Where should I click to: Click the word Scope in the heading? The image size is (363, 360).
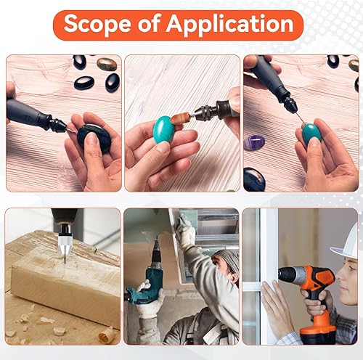[97, 24]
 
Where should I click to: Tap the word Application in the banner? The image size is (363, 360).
[229, 24]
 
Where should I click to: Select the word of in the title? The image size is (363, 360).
[149, 23]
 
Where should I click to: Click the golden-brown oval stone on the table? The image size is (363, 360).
[107, 64]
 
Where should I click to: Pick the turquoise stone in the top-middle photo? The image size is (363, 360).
[163, 129]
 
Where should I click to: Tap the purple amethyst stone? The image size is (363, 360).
[254, 142]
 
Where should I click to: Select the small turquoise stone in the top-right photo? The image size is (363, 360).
[312, 133]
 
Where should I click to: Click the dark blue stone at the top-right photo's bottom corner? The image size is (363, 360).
[254, 179]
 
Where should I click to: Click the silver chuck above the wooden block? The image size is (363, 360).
[65, 245]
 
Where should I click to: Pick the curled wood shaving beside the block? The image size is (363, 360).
[106, 335]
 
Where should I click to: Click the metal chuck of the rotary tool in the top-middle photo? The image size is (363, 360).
[203, 113]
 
